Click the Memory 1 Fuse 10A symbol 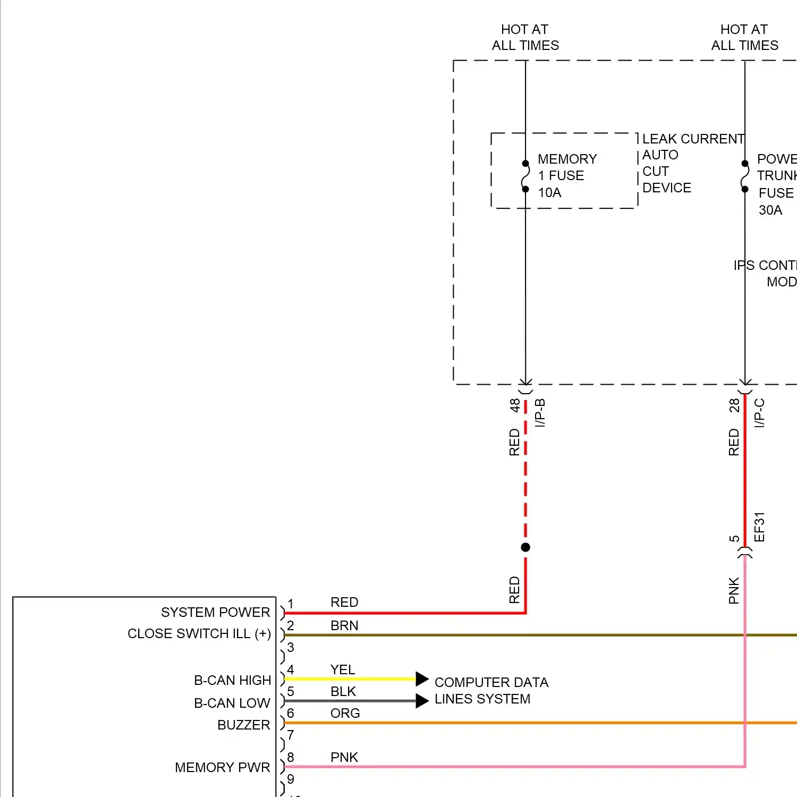[525, 176]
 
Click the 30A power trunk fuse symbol [745, 176]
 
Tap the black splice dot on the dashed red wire [525, 547]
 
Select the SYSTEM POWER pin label [215, 613]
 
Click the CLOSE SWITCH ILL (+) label [199, 634]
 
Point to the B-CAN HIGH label [232, 681]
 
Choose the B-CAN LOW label [232, 703]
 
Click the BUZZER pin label [243, 725]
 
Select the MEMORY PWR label [222, 768]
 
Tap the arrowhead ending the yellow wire [422, 679]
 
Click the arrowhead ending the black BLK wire [422, 701]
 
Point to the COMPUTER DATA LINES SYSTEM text [491, 691]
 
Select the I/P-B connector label [540, 413]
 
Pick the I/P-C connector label [760, 413]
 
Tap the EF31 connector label [760, 527]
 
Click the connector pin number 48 [514, 405]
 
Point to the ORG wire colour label [345, 713]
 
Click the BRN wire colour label [344, 626]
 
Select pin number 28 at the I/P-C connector [734, 405]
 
